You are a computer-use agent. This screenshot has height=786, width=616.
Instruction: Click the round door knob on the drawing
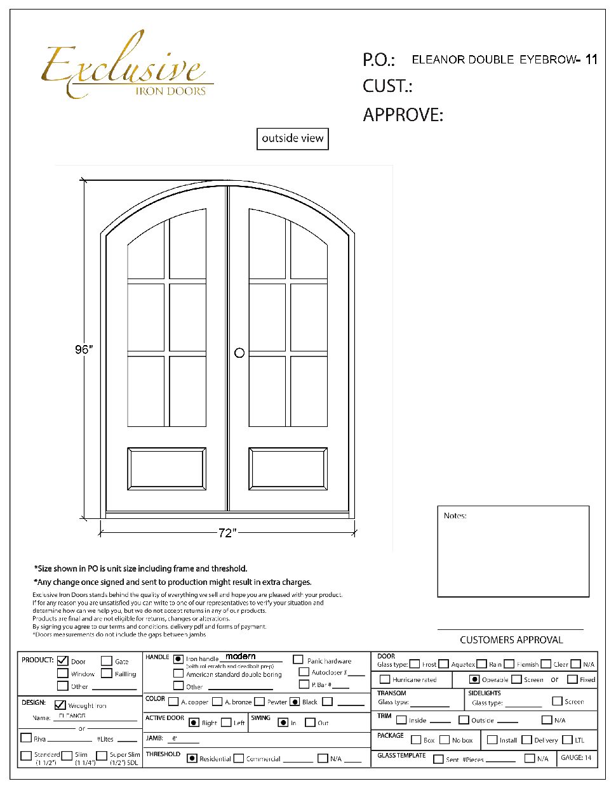click(x=239, y=353)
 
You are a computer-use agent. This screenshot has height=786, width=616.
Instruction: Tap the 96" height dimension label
click(x=83, y=350)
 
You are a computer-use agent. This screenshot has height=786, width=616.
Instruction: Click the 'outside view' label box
click(x=293, y=138)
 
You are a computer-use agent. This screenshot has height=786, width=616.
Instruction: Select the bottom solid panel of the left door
click(x=167, y=469)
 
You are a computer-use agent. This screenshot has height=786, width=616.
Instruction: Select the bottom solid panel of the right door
click(x=288, y=469)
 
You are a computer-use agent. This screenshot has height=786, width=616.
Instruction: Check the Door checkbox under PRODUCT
click(x=63, y=661)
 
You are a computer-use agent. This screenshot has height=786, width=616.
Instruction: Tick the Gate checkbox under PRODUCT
click(x=107, y=661)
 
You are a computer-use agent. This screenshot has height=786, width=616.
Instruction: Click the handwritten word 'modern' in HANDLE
click(x=241, y=656)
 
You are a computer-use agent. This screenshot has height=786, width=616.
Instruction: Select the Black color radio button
click(x=295, y=702)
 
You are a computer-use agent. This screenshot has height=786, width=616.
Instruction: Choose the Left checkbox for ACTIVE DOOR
click(x=226, y=723)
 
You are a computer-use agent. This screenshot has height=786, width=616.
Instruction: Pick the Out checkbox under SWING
click(x=310, y=723)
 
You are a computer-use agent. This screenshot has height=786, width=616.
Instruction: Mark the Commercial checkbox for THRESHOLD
click(x=239, y=758)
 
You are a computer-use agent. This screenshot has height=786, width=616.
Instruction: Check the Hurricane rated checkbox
click(x=385, y=679)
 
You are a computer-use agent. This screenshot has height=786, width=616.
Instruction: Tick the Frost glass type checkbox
click(x=415, y=664)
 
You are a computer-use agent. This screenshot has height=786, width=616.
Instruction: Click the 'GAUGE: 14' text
click(x=576, y=757)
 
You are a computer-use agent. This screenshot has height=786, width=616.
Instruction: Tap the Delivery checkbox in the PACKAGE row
click(x=526, y=740)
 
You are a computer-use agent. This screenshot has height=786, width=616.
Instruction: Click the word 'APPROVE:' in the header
click(x=403, y=115)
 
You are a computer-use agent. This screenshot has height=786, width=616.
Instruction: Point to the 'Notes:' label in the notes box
click(x=455, y=516)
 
